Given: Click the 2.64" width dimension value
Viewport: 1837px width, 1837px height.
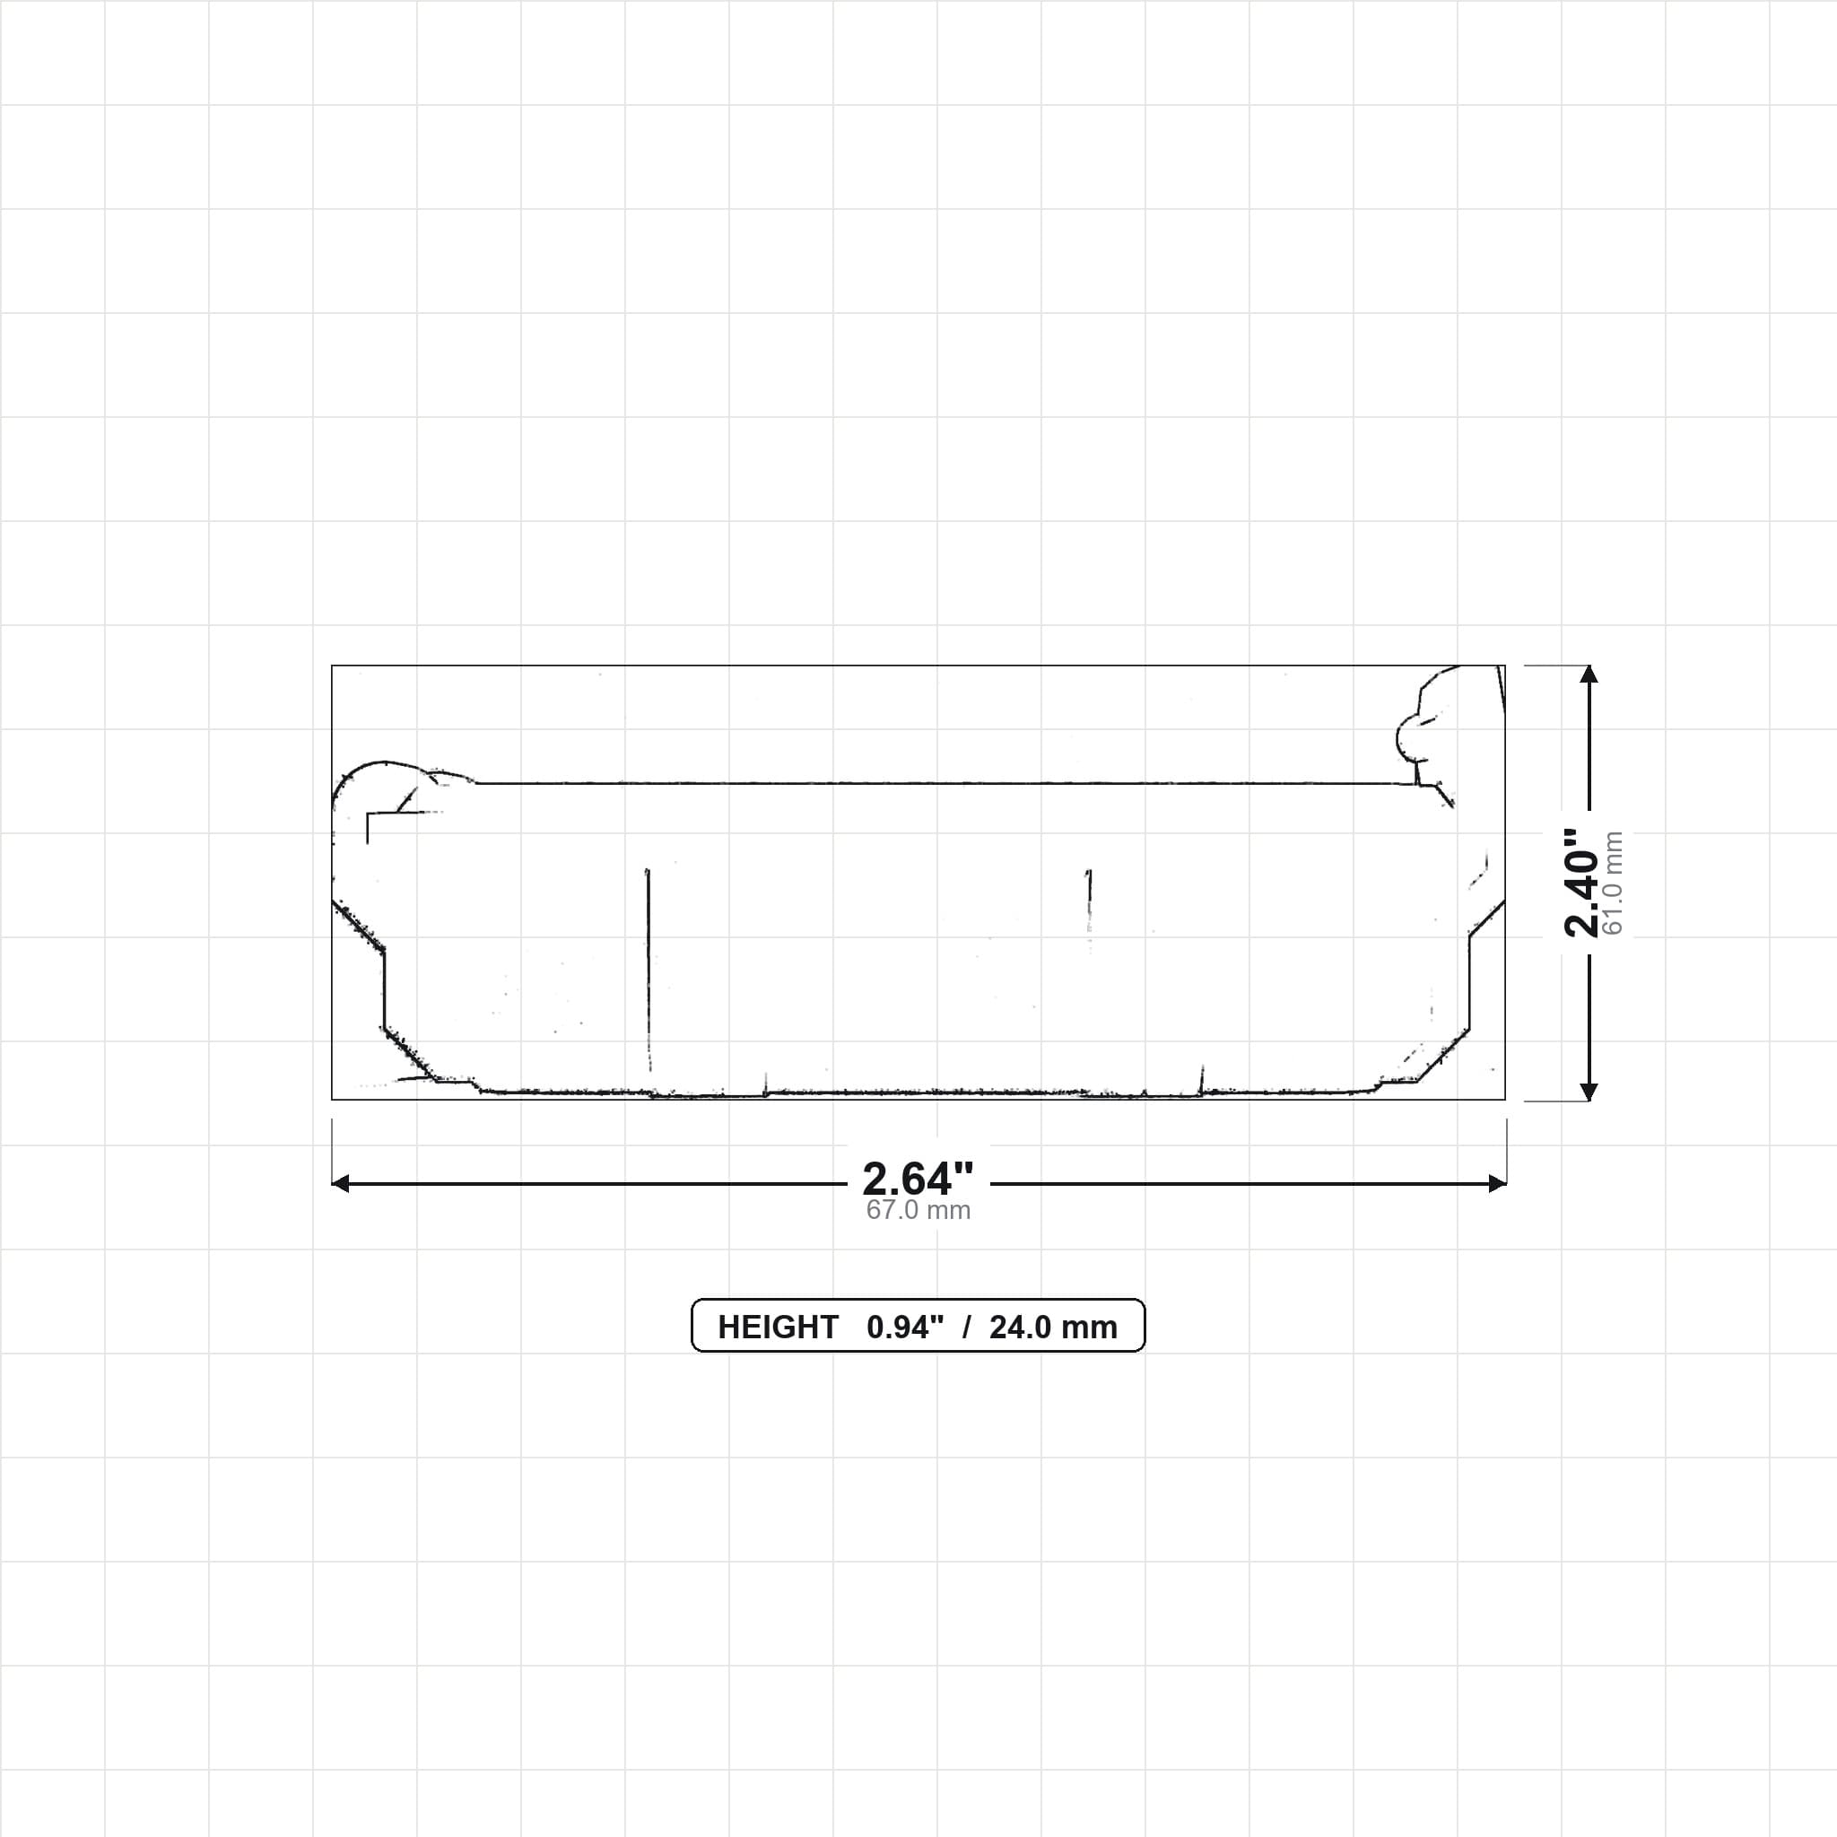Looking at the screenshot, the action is (x=918, y=1179).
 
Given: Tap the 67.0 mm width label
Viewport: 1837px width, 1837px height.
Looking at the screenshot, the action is (x=918, y=1210).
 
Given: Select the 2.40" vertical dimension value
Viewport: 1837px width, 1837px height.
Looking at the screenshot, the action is (x=1582, y=883).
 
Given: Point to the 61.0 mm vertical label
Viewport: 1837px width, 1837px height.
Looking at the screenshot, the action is (x=1613, y=883).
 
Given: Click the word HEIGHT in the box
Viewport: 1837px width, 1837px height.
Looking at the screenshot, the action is (x=778, y=1328).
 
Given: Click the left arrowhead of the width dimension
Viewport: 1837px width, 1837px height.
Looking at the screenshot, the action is (x=340, y=1184).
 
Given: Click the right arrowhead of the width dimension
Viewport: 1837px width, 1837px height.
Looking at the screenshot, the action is (x=1497, y=1184).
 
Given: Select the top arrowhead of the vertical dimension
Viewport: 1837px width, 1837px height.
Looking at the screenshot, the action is (x=1588, y=675).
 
